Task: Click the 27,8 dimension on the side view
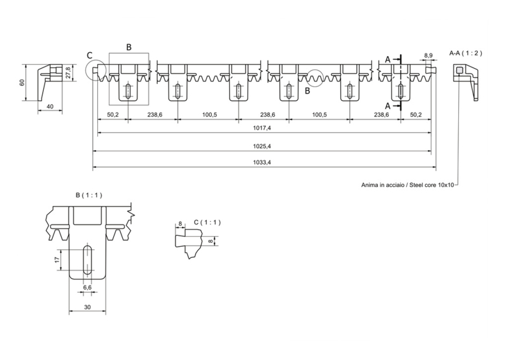68,74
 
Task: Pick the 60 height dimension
21,83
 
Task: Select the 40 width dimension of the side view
50,107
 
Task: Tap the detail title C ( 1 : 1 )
206,222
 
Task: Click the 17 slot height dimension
57,260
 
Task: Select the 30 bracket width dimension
87,307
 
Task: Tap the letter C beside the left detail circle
90,55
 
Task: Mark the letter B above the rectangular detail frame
129,47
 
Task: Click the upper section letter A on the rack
387,59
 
